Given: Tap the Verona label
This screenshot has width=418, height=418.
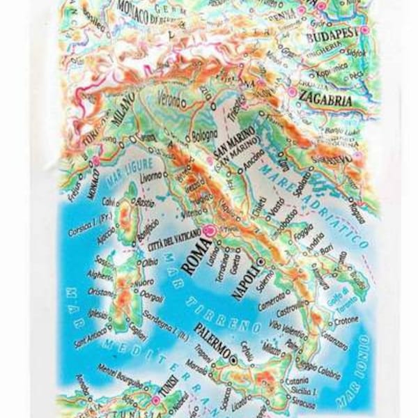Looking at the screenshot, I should point(171,94).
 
